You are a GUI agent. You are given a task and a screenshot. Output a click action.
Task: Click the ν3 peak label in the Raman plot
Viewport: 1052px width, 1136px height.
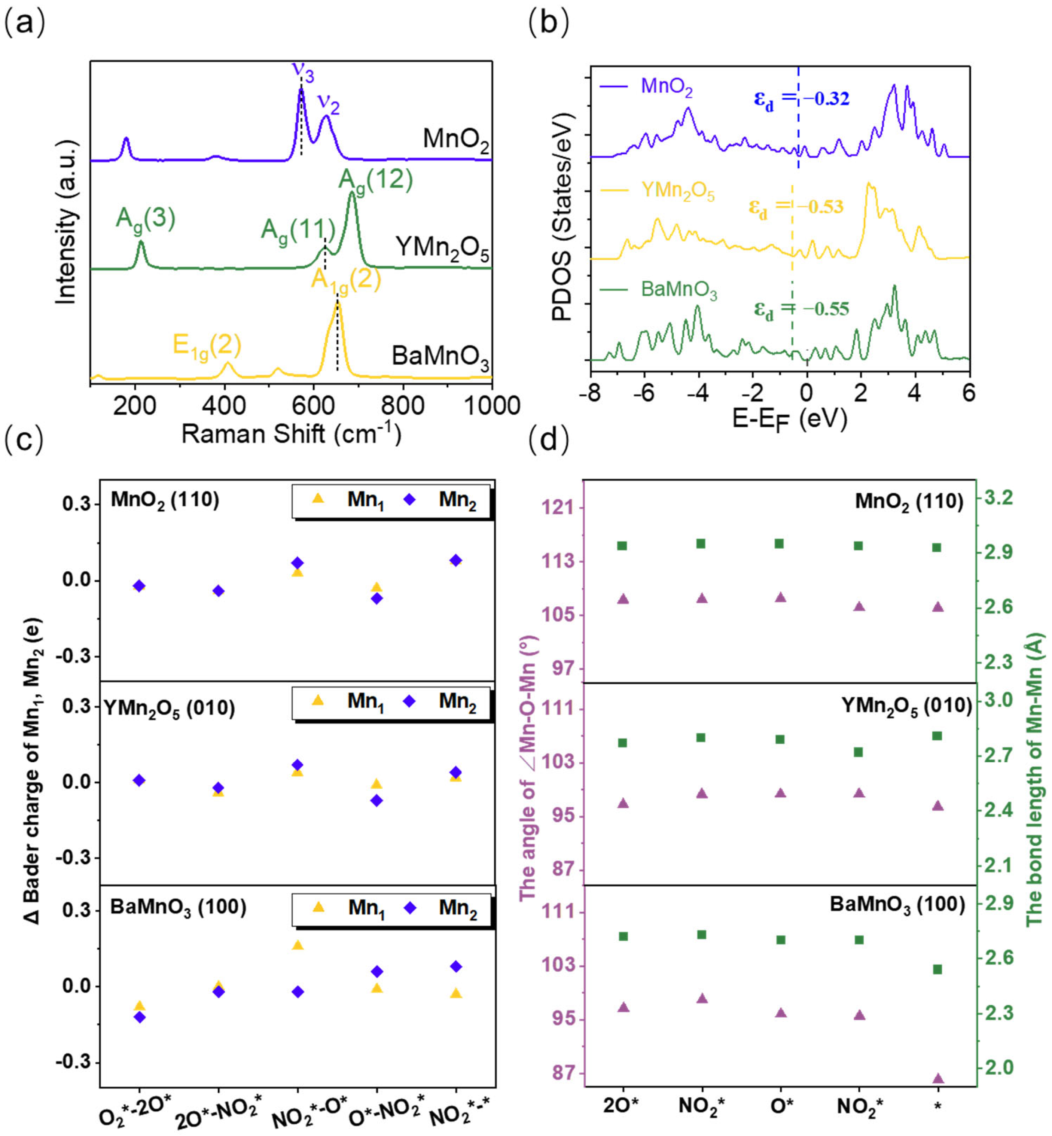coord(303,71)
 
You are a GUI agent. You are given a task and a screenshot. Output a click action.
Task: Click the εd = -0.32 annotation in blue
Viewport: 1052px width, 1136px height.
coord(802,99)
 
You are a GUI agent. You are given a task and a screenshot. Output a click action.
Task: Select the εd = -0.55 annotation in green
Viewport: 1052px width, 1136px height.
coord(802,309)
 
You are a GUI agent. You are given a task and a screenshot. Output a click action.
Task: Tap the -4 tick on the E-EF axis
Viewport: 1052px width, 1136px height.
coord(698,393)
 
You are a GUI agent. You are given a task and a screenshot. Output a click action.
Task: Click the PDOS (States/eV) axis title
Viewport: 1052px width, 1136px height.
coord(562,216)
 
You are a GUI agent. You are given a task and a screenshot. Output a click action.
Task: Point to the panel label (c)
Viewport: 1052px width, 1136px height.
coord(23,441)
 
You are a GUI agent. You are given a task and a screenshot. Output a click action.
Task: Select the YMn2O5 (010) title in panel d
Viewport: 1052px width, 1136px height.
coord(906,706)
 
